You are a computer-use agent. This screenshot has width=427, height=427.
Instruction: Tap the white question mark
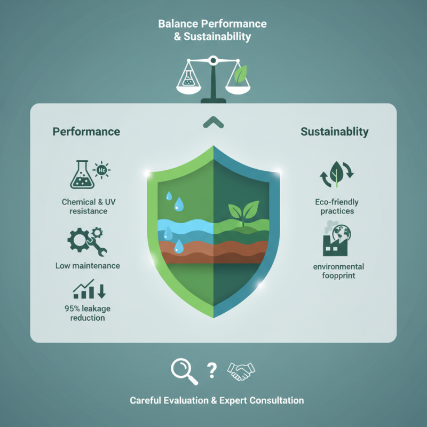[211, 370]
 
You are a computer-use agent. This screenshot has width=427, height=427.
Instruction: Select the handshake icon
[241, 371]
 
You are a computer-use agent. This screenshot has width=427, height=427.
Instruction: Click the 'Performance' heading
[86, 131]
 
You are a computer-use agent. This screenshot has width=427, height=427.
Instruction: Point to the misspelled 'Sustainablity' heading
[335, 132]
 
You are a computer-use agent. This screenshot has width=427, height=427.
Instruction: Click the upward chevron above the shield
[213, 122]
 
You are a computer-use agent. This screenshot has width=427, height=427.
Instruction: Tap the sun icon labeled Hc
[101, 170]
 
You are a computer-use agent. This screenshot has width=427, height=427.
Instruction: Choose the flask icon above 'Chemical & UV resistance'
[82, 175]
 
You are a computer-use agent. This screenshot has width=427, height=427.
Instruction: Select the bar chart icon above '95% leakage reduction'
[89, 289]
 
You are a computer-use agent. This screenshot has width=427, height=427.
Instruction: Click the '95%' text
[72, 309]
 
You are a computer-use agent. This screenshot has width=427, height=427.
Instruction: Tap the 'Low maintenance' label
[88, 265]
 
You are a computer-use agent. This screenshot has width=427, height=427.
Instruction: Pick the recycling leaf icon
[337, 175]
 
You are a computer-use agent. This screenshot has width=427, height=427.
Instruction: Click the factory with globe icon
[337, 239]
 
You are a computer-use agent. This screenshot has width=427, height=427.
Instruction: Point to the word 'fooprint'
[338, 275]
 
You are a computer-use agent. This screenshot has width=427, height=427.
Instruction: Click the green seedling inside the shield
[243, 212]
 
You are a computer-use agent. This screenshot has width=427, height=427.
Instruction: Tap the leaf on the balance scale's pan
[241, 74]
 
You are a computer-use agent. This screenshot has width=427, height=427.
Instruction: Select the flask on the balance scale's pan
[188, 77]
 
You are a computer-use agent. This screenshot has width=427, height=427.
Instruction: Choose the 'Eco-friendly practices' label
[337, 207]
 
